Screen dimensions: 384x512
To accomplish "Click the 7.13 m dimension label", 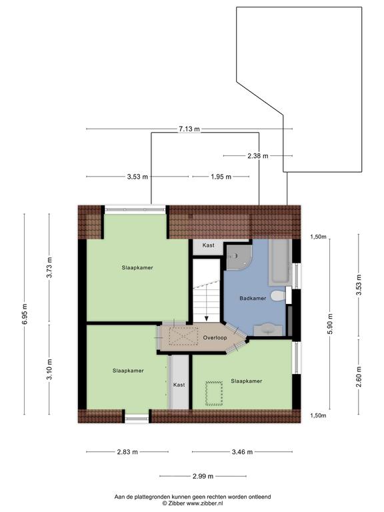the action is click(x=189, y=129).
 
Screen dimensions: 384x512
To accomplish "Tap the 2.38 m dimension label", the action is click(x=257, y=156).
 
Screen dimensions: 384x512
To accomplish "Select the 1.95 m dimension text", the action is click(x=221, y=177).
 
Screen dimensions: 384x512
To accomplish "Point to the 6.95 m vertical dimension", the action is click(x=25, y=314).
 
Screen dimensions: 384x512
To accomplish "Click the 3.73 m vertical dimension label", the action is click(x=49, y=267).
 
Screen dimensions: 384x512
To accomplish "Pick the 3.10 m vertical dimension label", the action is click(x=49, y=369).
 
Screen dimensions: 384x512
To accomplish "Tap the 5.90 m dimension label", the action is click(x=330, y=323).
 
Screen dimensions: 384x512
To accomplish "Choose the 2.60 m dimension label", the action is click(x=359, y=377).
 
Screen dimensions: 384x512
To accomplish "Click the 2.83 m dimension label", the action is click(x=127, y=452).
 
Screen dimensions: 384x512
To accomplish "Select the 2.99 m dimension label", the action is click(x=203, y=477).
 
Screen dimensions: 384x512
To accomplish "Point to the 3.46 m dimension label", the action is click(x=242, y=452).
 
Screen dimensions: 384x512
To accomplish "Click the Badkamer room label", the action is click(x=253, y=298).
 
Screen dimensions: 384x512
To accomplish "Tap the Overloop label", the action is click(x=215, y=337).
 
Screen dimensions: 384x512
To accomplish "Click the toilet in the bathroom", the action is click(x=279, y=296).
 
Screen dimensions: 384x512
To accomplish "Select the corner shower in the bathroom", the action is click(x=239, y=257).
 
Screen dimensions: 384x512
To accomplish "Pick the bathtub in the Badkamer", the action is click(x=279, y=262).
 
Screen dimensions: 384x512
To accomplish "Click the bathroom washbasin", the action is click(x=268, y=330).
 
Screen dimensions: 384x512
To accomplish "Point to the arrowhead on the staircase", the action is click(x=207, y=319).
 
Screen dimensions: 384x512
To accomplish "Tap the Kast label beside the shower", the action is click(x=208, y=245).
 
